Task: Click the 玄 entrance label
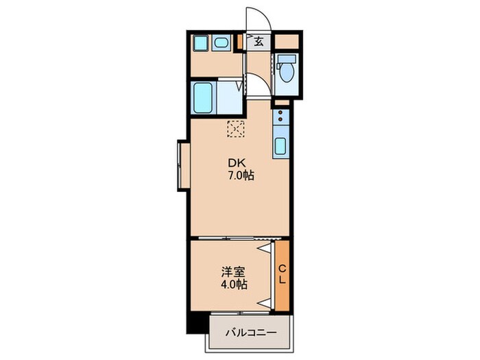click(259, 42)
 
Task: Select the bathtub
click(203, 99)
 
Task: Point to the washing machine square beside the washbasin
click(201, 43)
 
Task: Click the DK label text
click(237, 163)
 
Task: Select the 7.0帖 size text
click(241, 176)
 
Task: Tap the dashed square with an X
click(235, 128)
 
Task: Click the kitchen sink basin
click(281, 146)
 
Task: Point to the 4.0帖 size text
click(234, 285)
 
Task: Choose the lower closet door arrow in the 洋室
click(264, 302)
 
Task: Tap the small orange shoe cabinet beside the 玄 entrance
click(240, 43)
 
